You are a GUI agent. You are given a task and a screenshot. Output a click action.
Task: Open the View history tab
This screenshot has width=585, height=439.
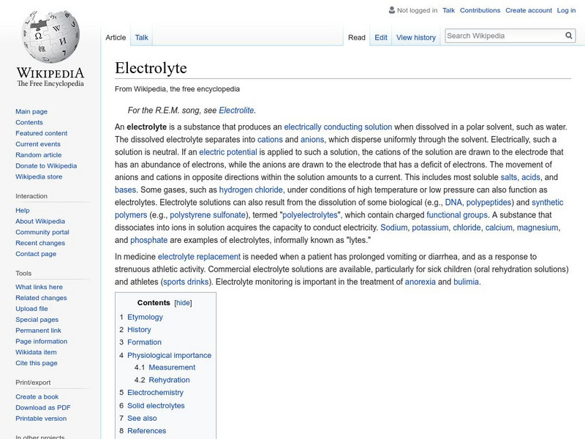pyautogui.click(x=415, y=37)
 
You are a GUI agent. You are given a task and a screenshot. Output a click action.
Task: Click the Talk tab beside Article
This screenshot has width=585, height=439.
pyautogui.click(x=142, y=37)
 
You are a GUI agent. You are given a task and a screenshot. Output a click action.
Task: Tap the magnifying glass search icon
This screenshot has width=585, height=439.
pyautogui.click(x=570, y=35)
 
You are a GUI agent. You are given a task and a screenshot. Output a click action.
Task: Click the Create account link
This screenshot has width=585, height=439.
pyautogui.click(x=529, y=10)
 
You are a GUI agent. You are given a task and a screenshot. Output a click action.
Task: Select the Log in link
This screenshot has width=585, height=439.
pyautogui.click(x=566, y=10)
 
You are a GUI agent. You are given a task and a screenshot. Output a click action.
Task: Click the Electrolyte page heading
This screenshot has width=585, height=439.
pyautogui.click(x=151, y=68)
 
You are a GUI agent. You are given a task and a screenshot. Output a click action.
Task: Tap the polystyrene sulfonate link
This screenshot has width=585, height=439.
pyautogui.click(x=208, y=215)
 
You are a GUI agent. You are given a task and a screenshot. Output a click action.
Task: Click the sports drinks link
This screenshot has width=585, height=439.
pyautogui.click(x=186, y=282)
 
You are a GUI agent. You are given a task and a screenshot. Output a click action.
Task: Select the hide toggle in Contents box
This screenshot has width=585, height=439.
pyautogui.click(x=183, y=303)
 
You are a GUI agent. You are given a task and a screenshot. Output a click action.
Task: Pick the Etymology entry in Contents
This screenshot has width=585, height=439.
pyautogui.click(x=145, y=317)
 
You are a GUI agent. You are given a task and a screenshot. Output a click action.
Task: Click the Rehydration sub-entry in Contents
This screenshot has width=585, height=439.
pyautogui.click(x=169, y=380)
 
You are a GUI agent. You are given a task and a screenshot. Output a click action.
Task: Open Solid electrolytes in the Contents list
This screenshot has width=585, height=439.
pyautogui.click(x=156, y=405)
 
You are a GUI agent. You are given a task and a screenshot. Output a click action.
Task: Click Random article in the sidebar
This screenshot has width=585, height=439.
pyautogui.click(x=38, y=155)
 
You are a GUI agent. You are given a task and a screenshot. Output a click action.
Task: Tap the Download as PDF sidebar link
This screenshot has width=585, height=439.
pyautogui.click(x=43, y=408)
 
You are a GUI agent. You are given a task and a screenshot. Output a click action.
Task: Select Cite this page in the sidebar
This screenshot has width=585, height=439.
pyautogui.click(x=36, y=363)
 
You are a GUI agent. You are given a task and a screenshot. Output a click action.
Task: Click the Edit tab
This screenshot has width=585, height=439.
pyautogui.click(x=381, y=37)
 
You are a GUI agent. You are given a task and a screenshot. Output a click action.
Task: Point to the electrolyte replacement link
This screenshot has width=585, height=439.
pyautogui.click(x=199, y=257)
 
